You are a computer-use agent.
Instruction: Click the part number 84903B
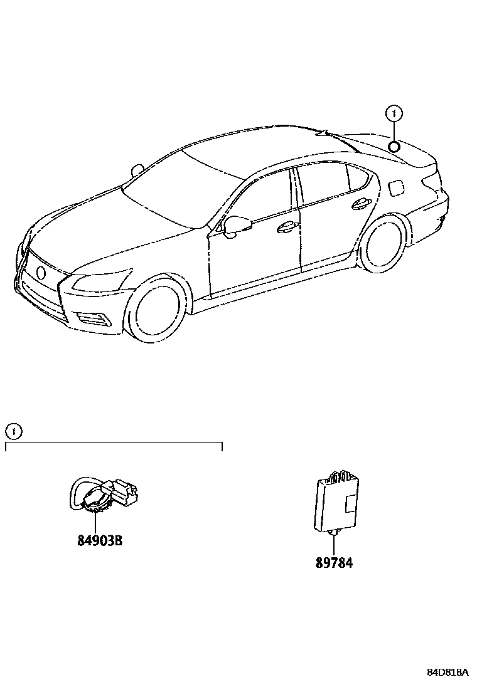pyautogui.click(x=100, y=540)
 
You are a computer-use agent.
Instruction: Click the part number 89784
pyautogui.click(x=334, y=563)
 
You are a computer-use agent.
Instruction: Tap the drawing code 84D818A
pyautogui.click(x=448, y=672)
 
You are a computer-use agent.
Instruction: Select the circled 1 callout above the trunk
pyautogui.click(x=394, y=113)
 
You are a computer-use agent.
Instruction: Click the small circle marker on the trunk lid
pyautogui.click(x=394, y=147)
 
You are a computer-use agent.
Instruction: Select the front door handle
pyautogui.click(x=286, y=227)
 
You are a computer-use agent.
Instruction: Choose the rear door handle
pyautogui.click(x=360, y=202)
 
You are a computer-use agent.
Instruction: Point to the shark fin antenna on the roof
pyautogui.click(x=324, y=132)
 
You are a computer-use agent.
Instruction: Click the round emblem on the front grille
pyautogui.click(x=41, y=272)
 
